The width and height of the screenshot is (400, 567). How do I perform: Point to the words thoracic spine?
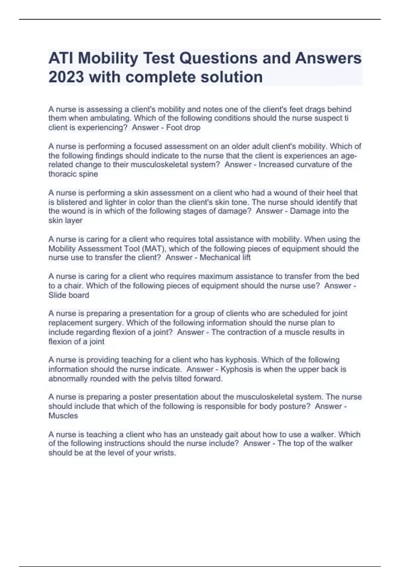pos(73,174)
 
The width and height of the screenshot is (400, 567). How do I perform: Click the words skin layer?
pos(65,220)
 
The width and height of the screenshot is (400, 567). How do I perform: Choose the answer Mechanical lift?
pos(225,257)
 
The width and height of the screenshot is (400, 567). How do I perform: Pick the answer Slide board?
pos(69,295)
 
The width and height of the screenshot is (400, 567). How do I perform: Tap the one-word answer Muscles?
pos(63,416)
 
